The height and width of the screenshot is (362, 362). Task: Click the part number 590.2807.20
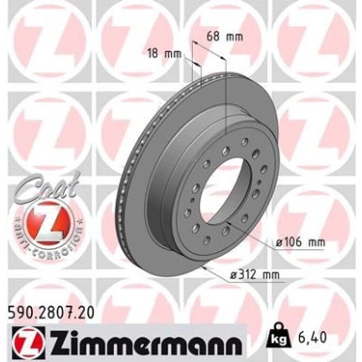57,307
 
